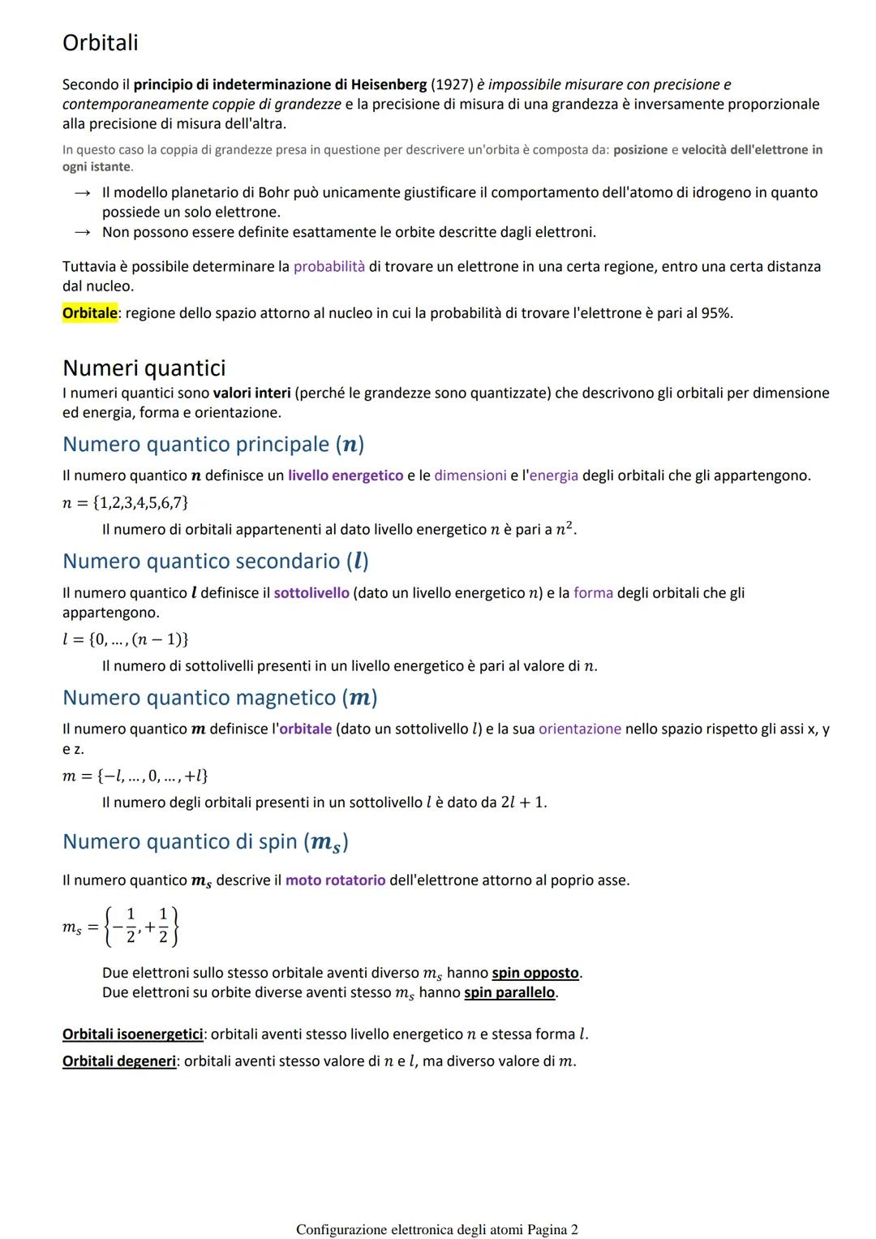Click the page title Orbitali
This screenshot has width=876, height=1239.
click(101, 43)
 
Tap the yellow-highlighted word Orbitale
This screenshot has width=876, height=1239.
click(90, 313)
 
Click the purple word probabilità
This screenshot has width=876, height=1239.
click(329, 266)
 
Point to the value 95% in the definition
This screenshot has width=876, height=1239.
click(715, 313)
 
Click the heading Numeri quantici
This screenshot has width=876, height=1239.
click(144, 368)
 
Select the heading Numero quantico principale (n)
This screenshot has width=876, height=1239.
click(213, 445)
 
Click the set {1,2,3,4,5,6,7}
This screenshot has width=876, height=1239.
click(140, 503)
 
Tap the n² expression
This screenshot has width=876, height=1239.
click(565, 529)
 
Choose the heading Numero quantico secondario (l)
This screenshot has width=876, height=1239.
click(216, 561)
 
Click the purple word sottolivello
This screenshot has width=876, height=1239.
click(311, 593)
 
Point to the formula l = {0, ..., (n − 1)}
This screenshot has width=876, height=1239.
click(126, 639)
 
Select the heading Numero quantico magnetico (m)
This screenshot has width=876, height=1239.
click(220, 698)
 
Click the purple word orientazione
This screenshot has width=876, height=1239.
click(580, 729)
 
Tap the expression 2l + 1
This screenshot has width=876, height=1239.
click(523, 802)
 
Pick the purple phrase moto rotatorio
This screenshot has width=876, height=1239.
click(336, 880)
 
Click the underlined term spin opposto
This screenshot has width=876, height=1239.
click(535, 973)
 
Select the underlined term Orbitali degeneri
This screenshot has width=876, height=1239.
click(119, 1061)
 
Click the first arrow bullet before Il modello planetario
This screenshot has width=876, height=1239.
click(82, 193)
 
